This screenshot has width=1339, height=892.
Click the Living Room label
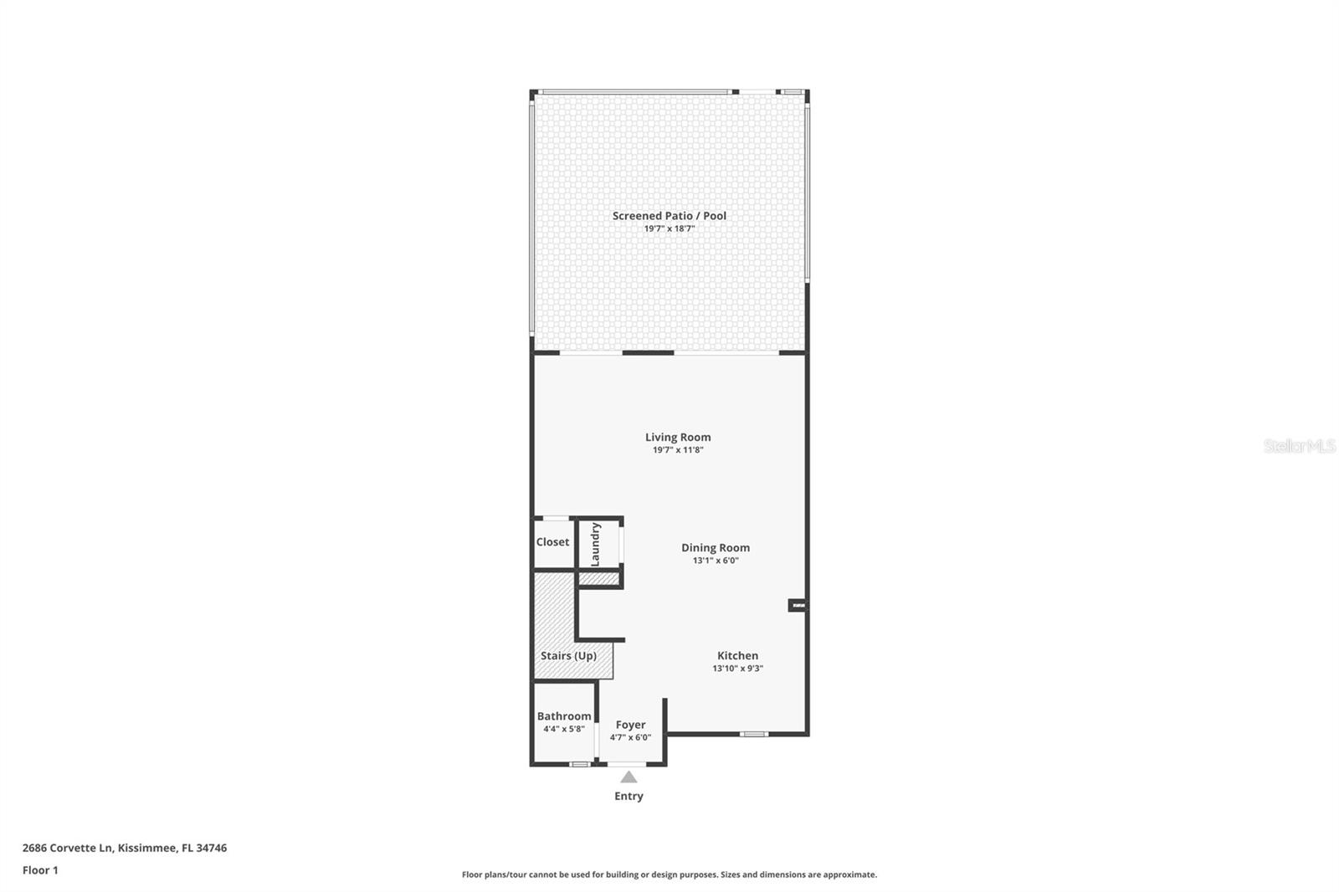click(x=678, y=437)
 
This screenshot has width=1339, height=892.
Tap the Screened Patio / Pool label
click(x=669, y=216)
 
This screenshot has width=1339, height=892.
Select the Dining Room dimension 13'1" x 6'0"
click(x=716, y=561)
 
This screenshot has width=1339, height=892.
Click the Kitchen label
click(x=737, y=656)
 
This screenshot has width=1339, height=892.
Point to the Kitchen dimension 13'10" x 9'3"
click(x=737, y=669)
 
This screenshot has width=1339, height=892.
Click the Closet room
click(x=552, y=542)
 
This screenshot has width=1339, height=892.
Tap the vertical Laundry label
click(x=596, y=544)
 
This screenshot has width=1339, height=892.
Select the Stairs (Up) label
click(x=568, y=656)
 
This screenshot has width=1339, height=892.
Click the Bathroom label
click(x=564, y=716)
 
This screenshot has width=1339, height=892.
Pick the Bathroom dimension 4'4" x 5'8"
click(x=564, y=729)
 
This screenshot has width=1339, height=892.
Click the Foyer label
click(x=630, y=725)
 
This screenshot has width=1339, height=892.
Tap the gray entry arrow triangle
click(x=628, y=777)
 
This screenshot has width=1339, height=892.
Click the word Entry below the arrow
click(x=628, y=797)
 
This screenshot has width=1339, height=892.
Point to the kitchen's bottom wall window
click(x=754, y=735)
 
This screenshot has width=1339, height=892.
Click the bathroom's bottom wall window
click(x=579, y=764)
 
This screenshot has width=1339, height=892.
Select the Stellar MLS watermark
click(x=1299, y=446)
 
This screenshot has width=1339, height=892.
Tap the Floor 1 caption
click(x=40, y=870)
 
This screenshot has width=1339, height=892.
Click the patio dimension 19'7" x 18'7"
click(x=669, y=228)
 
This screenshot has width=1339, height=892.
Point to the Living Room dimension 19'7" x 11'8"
click(x=678, y=450)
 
